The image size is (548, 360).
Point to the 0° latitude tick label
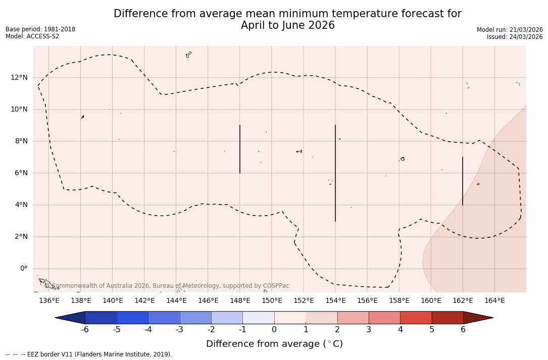tap(23, 269)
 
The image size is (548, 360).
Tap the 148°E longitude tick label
tap(240, 301)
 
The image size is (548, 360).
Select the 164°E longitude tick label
tap(494, 301)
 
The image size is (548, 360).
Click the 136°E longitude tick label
tap(49, 301)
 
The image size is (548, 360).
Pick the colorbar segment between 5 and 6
tap(447, 318)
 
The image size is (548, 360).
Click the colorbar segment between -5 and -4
tap(133, 318)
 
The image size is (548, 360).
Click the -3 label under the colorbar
tap(179, 330)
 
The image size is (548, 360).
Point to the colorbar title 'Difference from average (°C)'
tap(274, 344)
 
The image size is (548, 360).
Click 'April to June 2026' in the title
tap(287, 26)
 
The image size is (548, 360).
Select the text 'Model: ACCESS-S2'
tap(32, 36)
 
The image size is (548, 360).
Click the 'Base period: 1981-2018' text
tap(40, 29)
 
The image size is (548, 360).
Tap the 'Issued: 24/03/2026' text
tap(515, 37)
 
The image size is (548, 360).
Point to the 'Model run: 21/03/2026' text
tap(510, 30)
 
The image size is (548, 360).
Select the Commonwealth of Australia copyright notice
tap(167, 286)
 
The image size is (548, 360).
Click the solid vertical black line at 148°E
tap(240, 149)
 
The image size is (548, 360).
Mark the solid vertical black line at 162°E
tap(463, 180)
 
